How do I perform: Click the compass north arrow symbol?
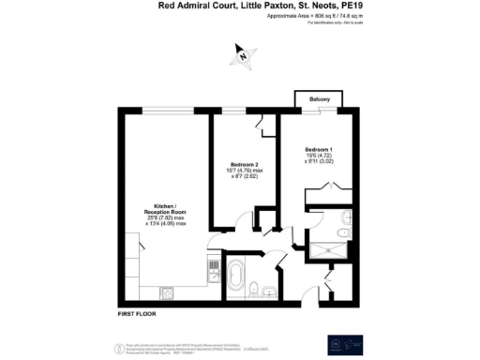coord(243,57)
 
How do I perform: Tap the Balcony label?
coord(313,97)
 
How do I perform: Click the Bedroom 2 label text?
coord(245,165)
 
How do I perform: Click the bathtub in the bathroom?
coord(234,278)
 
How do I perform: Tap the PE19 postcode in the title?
coord(352,6)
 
